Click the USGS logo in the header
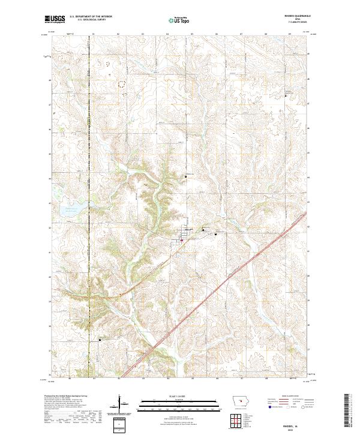(55, 20)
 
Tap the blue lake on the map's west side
(68, 211)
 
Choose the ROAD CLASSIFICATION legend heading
(290, 397)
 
